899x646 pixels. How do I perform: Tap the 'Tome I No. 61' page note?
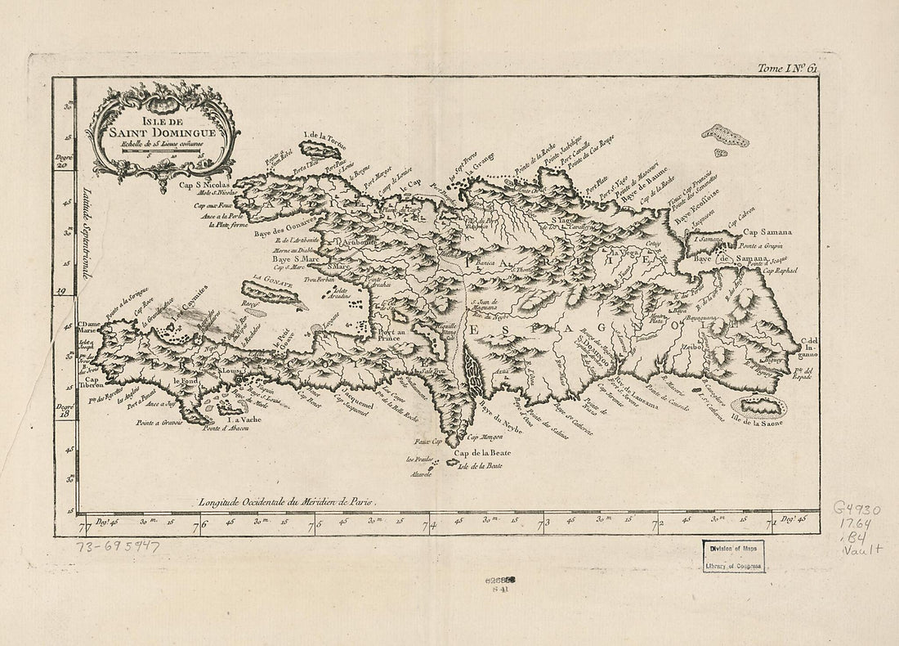click(x=786, y=70)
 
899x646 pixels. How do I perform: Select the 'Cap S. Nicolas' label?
click(x=205, y=186)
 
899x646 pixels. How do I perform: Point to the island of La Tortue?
click(x=320, y=150)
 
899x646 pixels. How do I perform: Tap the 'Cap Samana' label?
click(x=767, y=231)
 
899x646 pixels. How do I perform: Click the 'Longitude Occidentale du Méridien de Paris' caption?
click(x=307, y=501)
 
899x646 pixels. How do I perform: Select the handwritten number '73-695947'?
click(x=118, y=546)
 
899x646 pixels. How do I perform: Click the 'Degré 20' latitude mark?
click(x=64, y=159)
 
